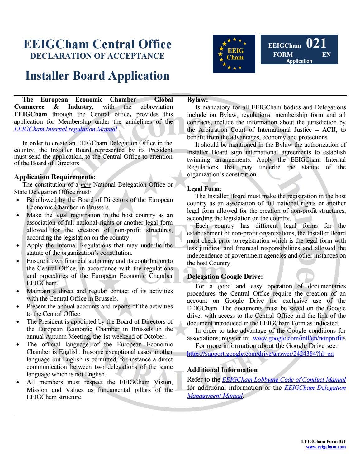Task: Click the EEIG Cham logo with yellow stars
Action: pyautogui.click(x=234, y=54)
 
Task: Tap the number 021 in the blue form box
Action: pyautogui.click(x=316, y=43)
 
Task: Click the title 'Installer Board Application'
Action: pyautogui.click(x=97, y=76)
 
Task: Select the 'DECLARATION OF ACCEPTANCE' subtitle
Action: pyautogui.click(x=97, y=56)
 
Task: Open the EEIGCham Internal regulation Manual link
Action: pyautogui.click(x=66, y=129)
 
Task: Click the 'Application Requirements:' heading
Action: pyautogui.click(x=55, y=177)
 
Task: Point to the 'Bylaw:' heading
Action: pyautogui.click(x=197, y=100)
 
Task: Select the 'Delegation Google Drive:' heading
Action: pyautogui.click(x=225, y=277)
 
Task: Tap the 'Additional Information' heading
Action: pyautogui.click(x=222, y=370)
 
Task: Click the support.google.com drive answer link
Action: pyautogui.click(x=260, y=354)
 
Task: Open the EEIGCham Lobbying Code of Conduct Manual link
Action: pyautogui.click(x=284, y=380)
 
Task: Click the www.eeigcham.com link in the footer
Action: pyautogui.click(x=326, y=447)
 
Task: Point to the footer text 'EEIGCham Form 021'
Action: pyautogui.click(x=323, y=441)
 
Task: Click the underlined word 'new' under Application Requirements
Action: pyautogui.click(x=86, y=185)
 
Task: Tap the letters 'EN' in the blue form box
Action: pyautogui.click(x=326, y=55)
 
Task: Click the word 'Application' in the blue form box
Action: pyautogui.click(x=299, y=61)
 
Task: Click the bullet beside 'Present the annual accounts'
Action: pyautogui.click(x=19, y=307)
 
